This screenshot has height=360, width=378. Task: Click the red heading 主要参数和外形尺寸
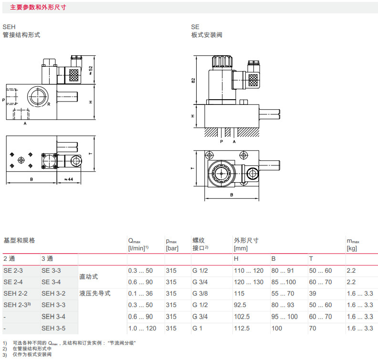pos(38,8)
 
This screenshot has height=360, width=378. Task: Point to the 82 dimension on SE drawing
pos(194,80)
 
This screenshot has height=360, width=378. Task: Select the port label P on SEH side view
pos(3,100)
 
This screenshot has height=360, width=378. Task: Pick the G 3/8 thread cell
pos(201,293)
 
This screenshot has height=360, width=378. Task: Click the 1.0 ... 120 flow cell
pos(142,328)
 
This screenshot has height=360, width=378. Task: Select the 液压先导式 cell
pos(94,293)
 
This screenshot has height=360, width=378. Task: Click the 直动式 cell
pos(88,276)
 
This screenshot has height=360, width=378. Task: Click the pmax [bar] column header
pos(172,244)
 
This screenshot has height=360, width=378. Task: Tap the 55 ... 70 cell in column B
pos(283,293)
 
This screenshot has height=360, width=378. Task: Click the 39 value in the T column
pos(313,293)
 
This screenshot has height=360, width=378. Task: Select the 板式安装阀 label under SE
pos(207,35)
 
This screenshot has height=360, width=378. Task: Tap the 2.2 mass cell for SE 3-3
pos(352,270)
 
